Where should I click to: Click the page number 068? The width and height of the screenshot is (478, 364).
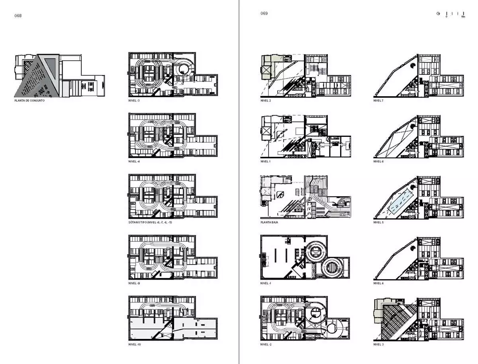(x=18, y=16)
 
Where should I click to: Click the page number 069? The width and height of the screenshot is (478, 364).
(x=264, y=14)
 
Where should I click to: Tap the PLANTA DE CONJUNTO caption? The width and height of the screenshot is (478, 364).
(x=29, y=101)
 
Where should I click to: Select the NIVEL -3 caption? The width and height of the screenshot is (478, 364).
(x=134, y=101)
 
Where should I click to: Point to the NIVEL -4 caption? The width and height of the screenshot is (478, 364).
(x=134, y=162)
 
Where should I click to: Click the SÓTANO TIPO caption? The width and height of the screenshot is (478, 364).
(x=150, y=222)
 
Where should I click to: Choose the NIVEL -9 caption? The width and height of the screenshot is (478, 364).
(x=134, y=283)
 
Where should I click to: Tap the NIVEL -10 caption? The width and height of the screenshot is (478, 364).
(x=135, y=344)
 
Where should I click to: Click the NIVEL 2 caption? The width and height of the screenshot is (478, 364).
(x=266, y=101)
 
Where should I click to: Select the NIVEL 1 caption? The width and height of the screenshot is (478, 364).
(x=266, y=162)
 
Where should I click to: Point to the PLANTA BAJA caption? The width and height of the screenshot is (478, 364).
(x=269, y=222)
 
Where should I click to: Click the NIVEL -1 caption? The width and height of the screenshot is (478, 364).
(x=266, y=283)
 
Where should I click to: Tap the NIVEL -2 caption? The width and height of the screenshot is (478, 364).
(x=266, y=344)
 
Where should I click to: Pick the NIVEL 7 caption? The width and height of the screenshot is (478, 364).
(x=378, y=101)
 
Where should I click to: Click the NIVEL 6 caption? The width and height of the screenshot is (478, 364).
(x=378, y=162)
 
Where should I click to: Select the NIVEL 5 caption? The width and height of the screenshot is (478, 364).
(x=378, y=222)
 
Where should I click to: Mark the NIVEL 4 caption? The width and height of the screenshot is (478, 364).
(x=378, y=283)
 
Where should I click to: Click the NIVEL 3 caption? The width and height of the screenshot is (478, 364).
(x=378, y=344)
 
